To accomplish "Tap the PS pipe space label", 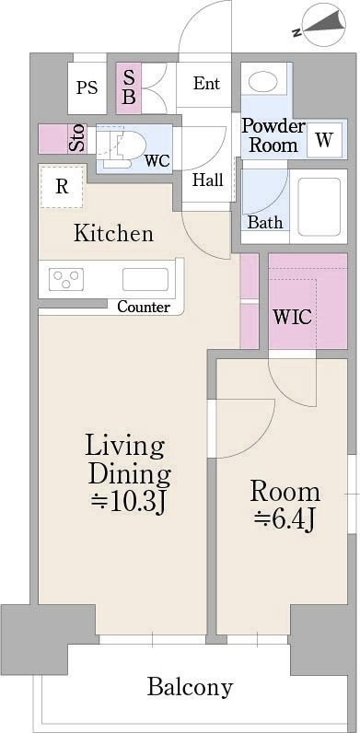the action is click(87, 87).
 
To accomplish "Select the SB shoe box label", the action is click(130, 87).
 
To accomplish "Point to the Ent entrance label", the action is click(206, 84).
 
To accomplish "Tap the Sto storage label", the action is click(77, 138).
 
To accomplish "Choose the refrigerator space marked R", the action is click(63, 187).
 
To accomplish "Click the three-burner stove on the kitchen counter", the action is click(66, 280).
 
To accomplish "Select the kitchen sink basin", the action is click(145, 280).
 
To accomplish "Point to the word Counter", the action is click(144, 308).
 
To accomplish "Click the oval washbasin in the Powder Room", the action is click(262, 82).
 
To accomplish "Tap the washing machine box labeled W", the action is click(324, 140).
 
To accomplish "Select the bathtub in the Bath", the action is click(319, 206).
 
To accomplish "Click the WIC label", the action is click(293, 318).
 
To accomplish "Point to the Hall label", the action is click(208, 180).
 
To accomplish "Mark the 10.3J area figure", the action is click(129, 502).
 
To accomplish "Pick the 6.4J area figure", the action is click(285, 520).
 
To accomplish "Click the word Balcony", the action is click(191, 687).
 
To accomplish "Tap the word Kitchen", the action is click(113, 233).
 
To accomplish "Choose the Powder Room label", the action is click(273, 135).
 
